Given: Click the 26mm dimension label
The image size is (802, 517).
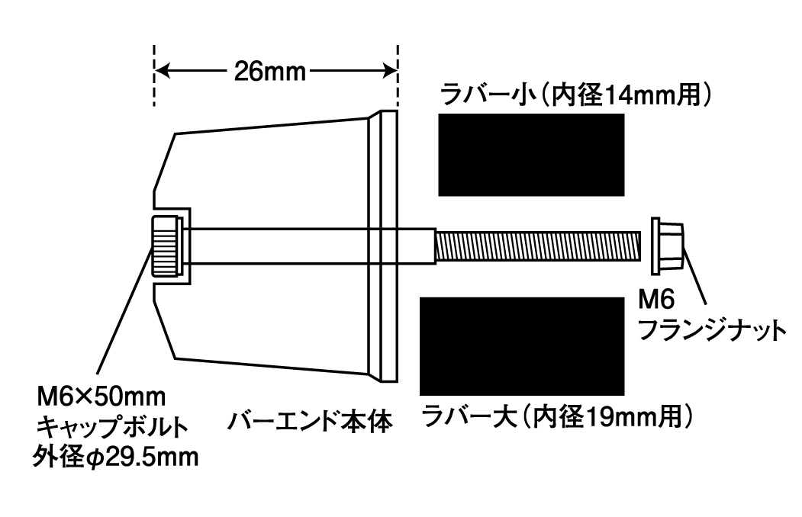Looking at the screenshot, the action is click(x=269, y=72).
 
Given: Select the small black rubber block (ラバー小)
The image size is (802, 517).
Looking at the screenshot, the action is click(x=531, y=155).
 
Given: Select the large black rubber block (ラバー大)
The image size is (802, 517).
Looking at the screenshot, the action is click(x=522, y=346).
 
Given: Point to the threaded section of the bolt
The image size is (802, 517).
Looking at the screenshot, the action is click(x=538, y=246).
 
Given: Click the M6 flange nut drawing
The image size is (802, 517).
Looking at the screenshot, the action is click(x=668, y=246).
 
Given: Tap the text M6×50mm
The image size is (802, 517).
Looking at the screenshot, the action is click(x=101, y=397).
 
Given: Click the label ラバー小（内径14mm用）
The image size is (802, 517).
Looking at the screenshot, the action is click(x=576, y=95).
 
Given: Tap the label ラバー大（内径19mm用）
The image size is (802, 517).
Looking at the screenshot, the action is click(x=557, y=417).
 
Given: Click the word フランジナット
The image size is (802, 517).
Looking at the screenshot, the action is click(x=713, y=331).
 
